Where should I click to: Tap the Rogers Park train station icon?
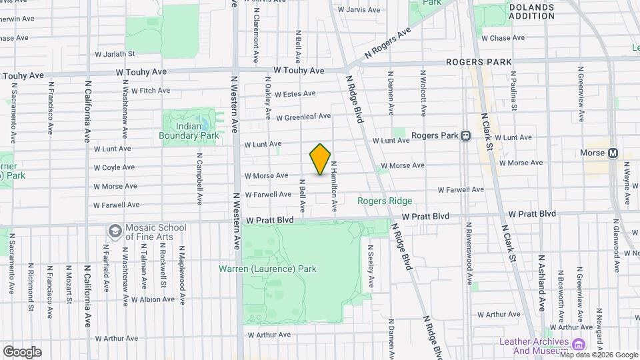466,135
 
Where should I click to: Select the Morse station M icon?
612,153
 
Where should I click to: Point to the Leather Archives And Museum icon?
578,344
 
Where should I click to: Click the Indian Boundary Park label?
189,131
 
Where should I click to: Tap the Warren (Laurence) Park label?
267,269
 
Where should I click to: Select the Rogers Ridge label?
385,201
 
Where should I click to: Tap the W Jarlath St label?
115,53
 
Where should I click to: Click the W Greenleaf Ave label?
303,116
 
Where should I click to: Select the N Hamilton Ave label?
334,187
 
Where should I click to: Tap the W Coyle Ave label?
114,168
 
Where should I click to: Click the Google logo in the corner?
22,352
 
